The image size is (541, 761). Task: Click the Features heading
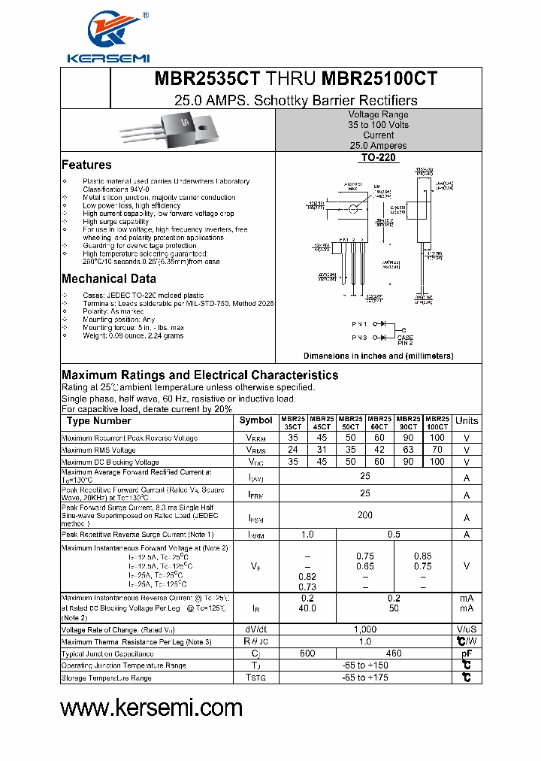(x=86, y=165)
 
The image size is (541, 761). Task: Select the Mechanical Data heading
(x=109, y=279)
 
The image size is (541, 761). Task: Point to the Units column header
(x=467, y=421)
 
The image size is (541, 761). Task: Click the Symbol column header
(x=256, y=420)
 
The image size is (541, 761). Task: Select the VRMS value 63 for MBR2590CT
(x=408, y=450)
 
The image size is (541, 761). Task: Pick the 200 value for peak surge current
(x=365, y=517)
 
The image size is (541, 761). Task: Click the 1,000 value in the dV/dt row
(x=365, y=629)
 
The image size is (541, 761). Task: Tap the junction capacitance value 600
(x=307, y=653)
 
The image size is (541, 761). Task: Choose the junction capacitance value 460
(x=393, y=653)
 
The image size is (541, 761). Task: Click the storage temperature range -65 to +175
(x=365, y=678)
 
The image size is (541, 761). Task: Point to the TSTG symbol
(x=256, y=678)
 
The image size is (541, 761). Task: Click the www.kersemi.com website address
(x=151, y=708)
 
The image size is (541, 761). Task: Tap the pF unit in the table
(x=467, y=653)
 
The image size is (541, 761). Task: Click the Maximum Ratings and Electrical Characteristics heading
(x=200, y=375)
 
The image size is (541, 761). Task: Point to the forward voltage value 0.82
(x=307, y=576)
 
